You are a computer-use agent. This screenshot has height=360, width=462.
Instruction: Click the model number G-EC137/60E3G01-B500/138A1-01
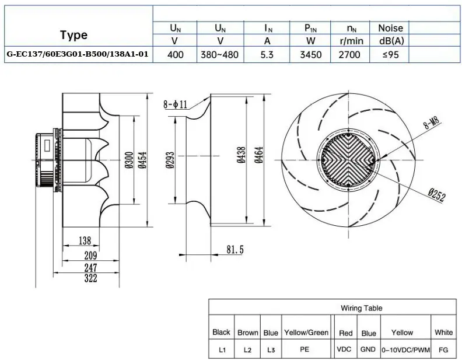[78, 54]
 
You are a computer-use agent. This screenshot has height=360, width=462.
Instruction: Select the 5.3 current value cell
[267, 54]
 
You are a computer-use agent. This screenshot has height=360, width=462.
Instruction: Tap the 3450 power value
[310, 54]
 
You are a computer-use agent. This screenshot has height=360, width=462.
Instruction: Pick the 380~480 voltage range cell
[219, 54]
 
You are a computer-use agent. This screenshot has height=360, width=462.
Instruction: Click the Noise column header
[390, 28]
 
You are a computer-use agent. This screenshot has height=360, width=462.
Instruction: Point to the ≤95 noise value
[390, 54]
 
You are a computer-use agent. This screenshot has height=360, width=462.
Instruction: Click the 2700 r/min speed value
[349, 54]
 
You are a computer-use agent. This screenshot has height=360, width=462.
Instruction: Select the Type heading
[74, 35]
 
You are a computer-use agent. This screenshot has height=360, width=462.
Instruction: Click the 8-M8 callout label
[431, 123]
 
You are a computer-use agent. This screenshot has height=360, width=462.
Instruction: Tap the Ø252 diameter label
[437, 195]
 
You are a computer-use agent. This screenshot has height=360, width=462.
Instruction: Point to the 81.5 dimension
[235, 250]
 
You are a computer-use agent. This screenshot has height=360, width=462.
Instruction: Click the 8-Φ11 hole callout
[176, 104]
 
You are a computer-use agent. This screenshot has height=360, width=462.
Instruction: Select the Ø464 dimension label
[259, 155]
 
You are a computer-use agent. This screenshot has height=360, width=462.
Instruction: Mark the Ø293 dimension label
[170, 160]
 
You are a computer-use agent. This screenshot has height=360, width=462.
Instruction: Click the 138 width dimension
[85, 241]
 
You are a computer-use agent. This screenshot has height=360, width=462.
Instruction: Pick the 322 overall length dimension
[90, 278]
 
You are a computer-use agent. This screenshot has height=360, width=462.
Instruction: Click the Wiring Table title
[362, 308]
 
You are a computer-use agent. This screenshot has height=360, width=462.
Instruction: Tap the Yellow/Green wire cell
[306, 333]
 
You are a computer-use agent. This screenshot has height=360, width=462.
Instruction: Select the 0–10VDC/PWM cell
[406, 350]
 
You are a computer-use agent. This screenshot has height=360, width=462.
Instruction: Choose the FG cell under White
[443, 350]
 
